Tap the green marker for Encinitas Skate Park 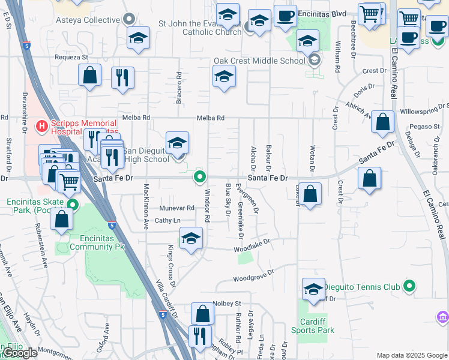[x=73, y=205]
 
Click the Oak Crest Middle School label [x=259, y=61]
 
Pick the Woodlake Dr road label [x=252, y=245]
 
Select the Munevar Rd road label [x=177, y=208]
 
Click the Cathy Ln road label [x=167, y=221]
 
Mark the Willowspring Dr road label [x=424, y=112]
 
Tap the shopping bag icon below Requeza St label [x=89, y=76]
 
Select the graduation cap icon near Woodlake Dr [x=191, y=239]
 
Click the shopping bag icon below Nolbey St [x=202, y=313]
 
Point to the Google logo [x=21, y=353]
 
